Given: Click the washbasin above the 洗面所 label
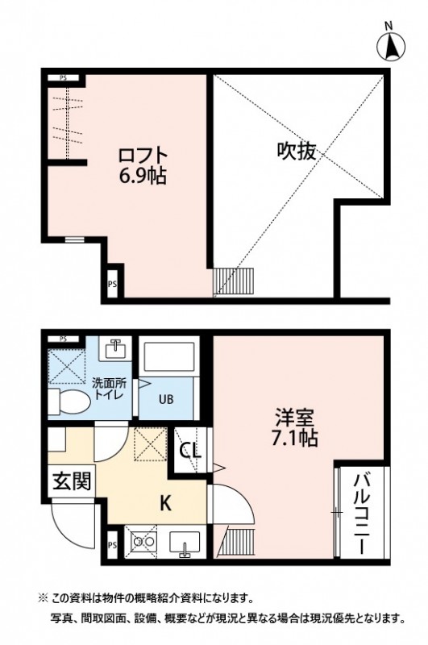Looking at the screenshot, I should (114, 350).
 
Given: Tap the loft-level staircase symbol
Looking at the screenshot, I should (234, 282).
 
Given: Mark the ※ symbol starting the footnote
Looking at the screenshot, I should (43, 600).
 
